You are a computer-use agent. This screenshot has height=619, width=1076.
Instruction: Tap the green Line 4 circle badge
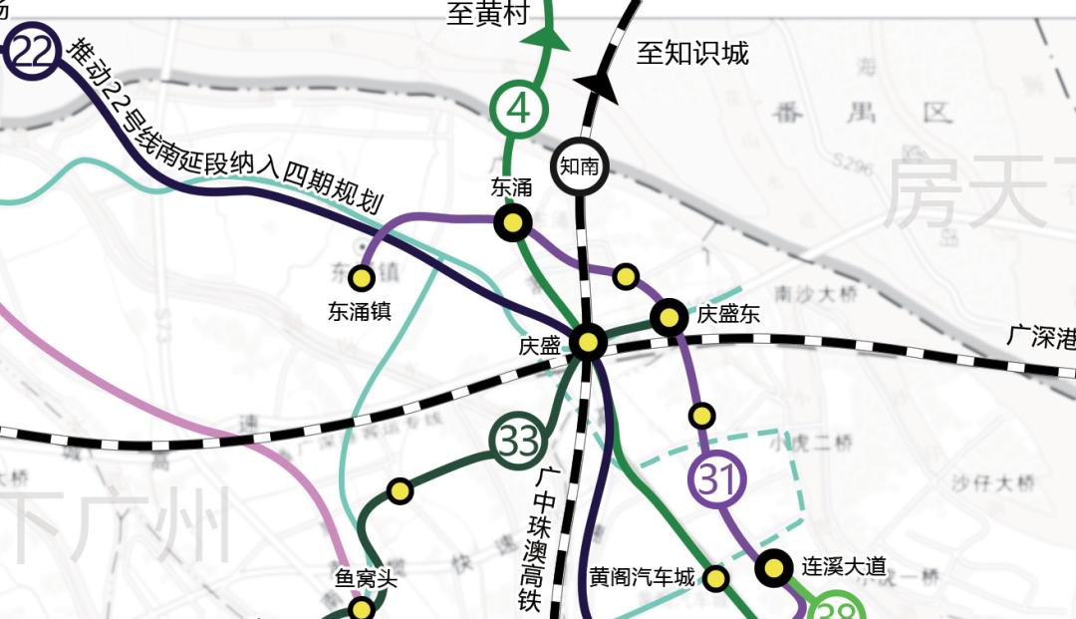tap(517, 108)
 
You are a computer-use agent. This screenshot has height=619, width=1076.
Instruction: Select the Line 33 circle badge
tap(518, 441)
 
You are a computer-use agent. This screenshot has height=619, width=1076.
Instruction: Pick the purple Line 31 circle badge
tap(717, 480)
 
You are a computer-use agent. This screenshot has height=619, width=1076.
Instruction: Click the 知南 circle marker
tap(579, 166)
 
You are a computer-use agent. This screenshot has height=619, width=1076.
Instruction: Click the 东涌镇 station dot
tap(362, 277)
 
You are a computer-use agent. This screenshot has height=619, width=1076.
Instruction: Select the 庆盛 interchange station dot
tap(588, 343)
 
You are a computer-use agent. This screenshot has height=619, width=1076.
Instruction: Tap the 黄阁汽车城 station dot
tap(715, 578)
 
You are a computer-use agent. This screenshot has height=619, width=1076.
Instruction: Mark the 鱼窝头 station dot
tap(362, 608)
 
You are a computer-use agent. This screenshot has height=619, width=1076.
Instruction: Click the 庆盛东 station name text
tap(728, 315)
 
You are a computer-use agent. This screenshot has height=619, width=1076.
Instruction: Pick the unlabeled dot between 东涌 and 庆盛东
tap(626, 276)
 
